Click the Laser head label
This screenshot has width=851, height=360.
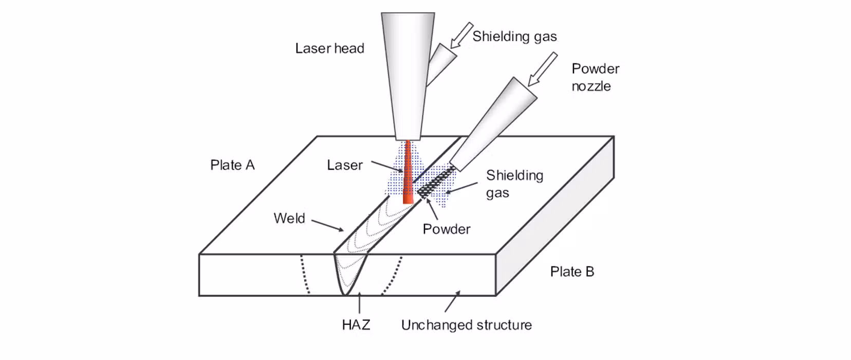click(329, 48)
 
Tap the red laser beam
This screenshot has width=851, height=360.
click(408, 175)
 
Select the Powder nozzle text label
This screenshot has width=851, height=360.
click(595, 77)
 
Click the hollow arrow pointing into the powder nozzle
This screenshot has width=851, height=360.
click(543, 68)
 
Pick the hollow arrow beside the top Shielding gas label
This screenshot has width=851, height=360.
click(461, 34)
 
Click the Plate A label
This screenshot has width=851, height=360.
click(232, 165)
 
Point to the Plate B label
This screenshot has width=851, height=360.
click(572, 272)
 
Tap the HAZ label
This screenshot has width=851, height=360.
click(356, 325)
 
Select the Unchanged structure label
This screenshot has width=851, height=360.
click(466, 325)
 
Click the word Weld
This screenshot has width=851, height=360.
click(289, 218)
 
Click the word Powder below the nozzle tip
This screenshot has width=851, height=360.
click(446, 229)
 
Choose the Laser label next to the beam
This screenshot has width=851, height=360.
click(345, 165)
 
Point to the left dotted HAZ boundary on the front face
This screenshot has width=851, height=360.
click(304, 275)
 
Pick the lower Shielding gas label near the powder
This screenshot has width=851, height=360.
click(514, 184)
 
